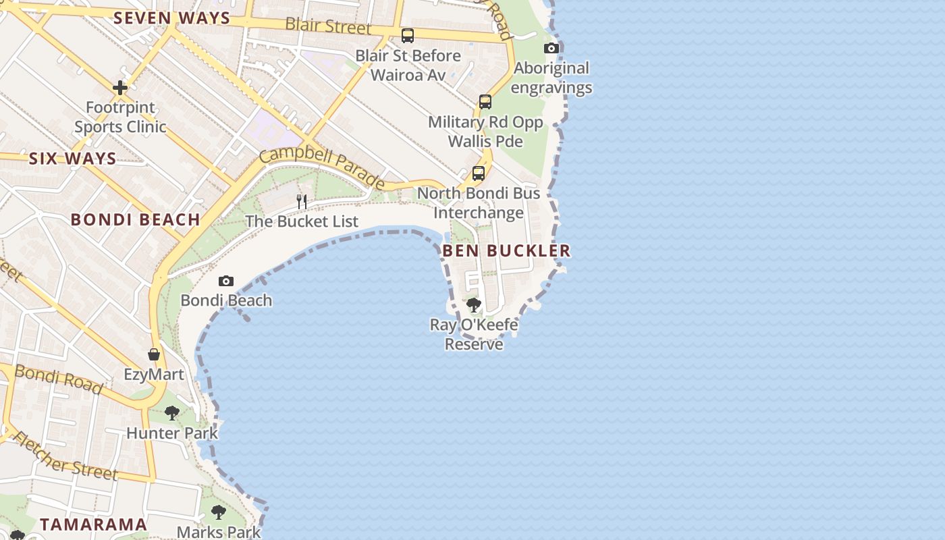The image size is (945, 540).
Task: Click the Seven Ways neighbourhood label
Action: [171, 18]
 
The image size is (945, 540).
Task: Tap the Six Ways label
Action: [72, 159]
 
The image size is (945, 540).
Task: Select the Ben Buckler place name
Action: [506, 251]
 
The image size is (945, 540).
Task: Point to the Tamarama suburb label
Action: [93, 524]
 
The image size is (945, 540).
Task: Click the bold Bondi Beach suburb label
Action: [135, 219]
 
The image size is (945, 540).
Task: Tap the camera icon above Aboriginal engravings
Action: [551, 48]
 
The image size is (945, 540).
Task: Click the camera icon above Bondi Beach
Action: [226, 281]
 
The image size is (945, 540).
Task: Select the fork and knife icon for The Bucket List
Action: [302, 201]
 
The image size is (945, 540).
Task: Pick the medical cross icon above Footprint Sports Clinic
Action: [120, 88]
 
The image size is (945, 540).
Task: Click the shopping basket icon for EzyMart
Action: [154, 354]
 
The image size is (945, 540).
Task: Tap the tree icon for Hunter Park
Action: [172, 412]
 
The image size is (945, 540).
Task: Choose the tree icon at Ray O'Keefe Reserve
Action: [474, 305]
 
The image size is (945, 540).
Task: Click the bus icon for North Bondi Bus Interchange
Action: [479, 173]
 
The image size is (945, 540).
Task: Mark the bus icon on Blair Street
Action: [408, 36]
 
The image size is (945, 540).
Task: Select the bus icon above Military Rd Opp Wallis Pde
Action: [485, 102]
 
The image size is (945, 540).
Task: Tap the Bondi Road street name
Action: [59, 380]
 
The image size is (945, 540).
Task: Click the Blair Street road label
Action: [328, 26]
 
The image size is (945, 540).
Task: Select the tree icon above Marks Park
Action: [218, 512]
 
